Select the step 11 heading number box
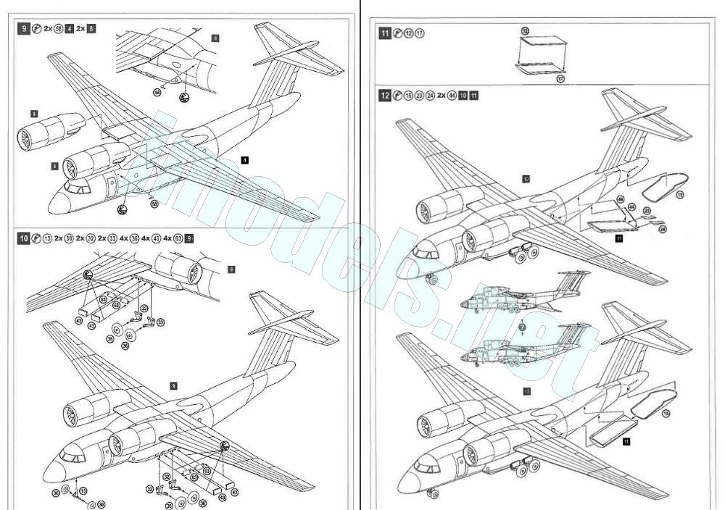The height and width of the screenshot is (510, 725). (x=384, y=33)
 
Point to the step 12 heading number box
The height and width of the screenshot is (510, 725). (x=385, y=95)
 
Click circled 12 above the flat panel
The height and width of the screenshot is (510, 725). (x=525, y=30)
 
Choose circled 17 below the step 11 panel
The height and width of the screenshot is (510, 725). (x=560, y=78)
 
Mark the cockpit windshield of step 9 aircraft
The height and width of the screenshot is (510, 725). (x=75, y=187)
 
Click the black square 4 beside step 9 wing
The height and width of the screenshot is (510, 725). (x=246, y=159)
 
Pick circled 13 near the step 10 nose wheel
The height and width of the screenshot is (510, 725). (x=83, y=491)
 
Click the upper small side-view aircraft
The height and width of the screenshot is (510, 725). (x=522, y=293)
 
